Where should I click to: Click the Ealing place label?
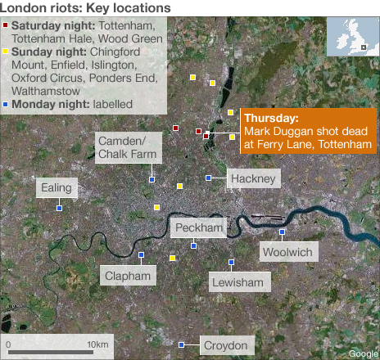pyautogui.click(x=58, y=189)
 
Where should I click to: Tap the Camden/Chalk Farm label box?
pyautogui.click(x=128, y=148)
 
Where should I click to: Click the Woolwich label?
pyautogui.click(x=287, y=252)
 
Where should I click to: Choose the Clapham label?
pyautogui.click(x=129, y=276)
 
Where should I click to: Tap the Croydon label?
pyautogui.click(x=224, y=346)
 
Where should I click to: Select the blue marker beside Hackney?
pyautogui.click(x=209, y=178)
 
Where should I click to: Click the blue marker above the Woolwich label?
pyautogui.click(x=282, y=232)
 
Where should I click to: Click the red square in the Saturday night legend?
pyautogui.click(x=7, y=25)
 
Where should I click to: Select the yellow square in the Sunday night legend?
pyautogui.click(x=7, y=51)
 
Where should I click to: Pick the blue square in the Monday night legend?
pyautogui.click(x=7, y=104)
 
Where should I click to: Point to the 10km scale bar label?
pyautogui.click(x=97, y=344)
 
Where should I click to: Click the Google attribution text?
pyautogui.click(x=363, y=353)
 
